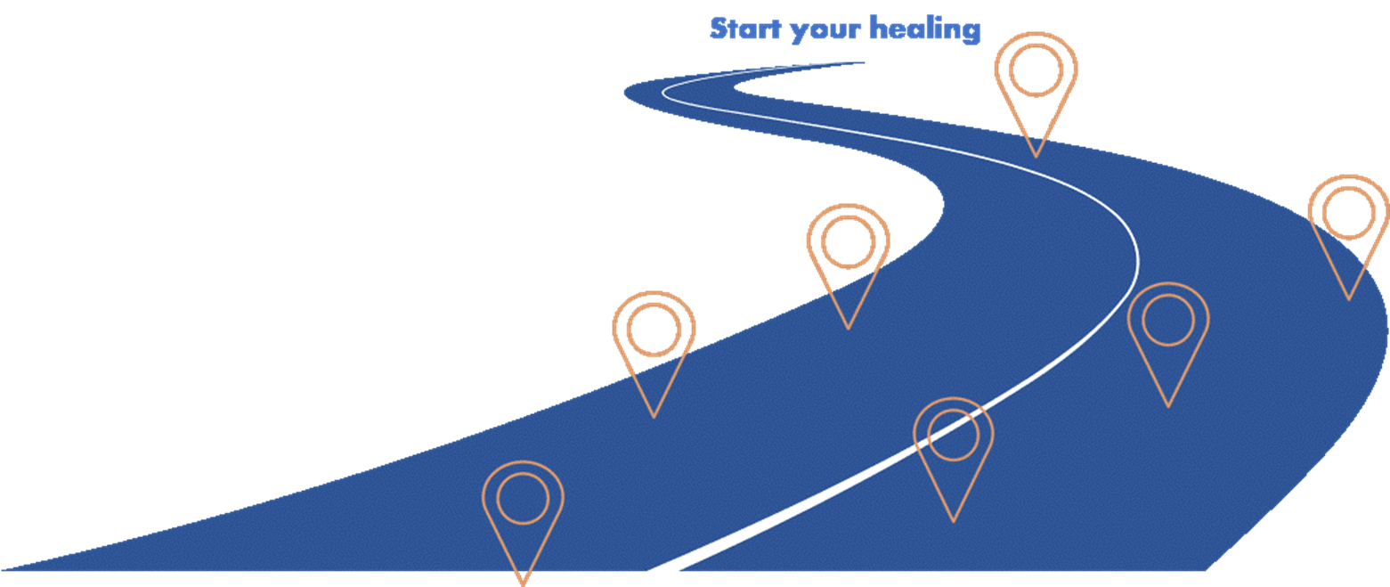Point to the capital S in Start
pyautogui.click(x=719, y=29)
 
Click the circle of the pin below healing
pyautogui.click(x=1036, y=70)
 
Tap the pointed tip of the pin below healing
pyautogui.click(x=1036, y=157)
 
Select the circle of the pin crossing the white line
pyautogui.click(x=953, y=434)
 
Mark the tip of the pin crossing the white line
pyautogui.click(x=953, y=521)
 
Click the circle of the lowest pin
pyautogui.click(x=523, y=498)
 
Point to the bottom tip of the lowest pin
pyautogui.click(x=524, y=584)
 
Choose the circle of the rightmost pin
pyautogui.click(x=1348, y=213)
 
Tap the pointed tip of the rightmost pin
pyautogui.click(x=1349, y=299)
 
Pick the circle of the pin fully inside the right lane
pyautogui.click(x=1168, y=320)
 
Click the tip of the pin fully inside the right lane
pyautogui.click(x=1168, y=407)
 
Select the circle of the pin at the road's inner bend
pyautogui.click(x=848, y=241)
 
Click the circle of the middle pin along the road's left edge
pyautogui.click(x=654, y=329)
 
